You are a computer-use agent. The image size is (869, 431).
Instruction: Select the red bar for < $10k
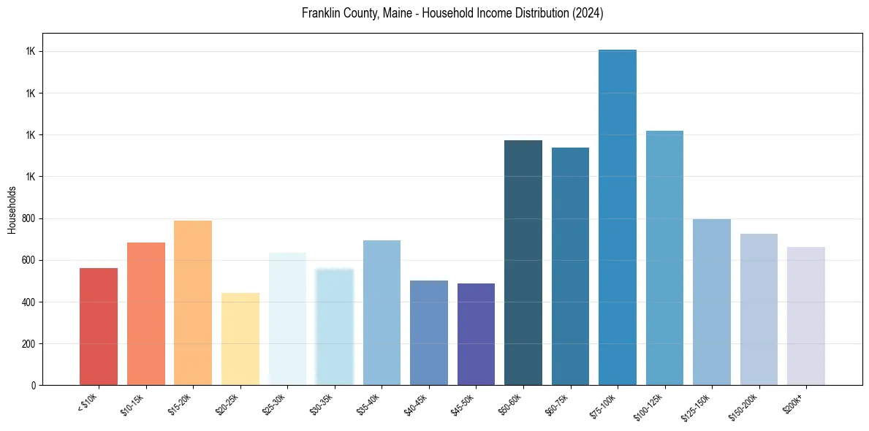(x=98, y=327)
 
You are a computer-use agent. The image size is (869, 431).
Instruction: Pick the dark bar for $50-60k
(x=523, y=262)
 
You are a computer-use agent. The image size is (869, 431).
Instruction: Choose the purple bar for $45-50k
(x=476, y=334)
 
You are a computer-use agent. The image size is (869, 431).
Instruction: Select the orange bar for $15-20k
(x=193, y=302)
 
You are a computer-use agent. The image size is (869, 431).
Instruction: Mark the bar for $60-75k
(x=570, y=266)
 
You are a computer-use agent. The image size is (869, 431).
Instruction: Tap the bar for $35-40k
(x=382, y=313)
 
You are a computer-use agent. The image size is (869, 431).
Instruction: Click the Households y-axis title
(x=12, y=210)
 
